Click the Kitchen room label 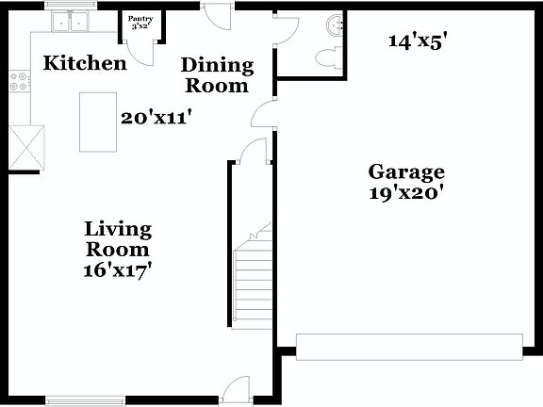86,64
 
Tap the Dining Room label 217,75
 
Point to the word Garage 406,171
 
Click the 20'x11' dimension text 157,118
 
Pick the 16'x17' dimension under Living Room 118,269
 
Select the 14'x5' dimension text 418,41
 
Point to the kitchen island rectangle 98,122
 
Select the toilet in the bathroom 325,57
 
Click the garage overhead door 410,346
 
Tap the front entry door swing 237,390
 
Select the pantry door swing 140,52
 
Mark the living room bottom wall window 86,400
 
